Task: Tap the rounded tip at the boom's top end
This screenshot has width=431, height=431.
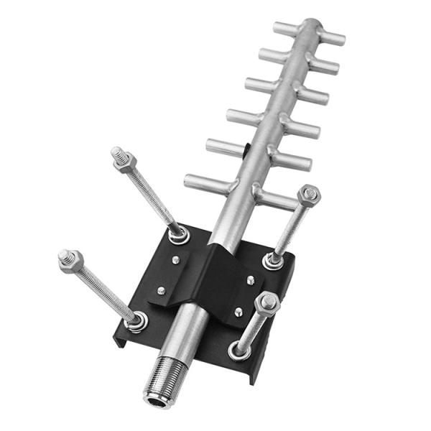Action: click(x=310, y=25)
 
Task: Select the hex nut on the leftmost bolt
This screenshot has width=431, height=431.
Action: click(x=70, y=260)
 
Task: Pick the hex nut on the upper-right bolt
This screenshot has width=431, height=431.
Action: click(x=309, y=195)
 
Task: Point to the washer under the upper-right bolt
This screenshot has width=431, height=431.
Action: click(x=274, y=260)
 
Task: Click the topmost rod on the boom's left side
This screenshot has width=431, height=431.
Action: click(x=285, y=29)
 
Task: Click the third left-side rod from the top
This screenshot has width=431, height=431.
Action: click(x=259, y=85)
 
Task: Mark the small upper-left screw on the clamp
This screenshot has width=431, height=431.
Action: click(x=175, y=260)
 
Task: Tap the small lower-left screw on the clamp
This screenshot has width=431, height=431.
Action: click(x=161, y=291)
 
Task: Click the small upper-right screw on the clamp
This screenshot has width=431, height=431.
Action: click(x=251, y=279)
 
